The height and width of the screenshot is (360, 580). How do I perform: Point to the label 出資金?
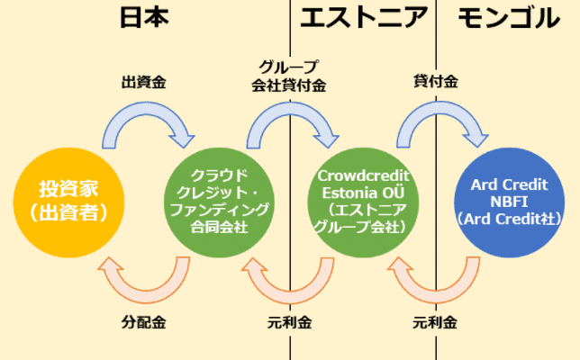(144, 81)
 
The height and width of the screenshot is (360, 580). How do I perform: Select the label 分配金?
(144, 321)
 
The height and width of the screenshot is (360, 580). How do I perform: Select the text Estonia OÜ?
(364, 192)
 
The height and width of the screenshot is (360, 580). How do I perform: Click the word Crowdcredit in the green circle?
(364, 175)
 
